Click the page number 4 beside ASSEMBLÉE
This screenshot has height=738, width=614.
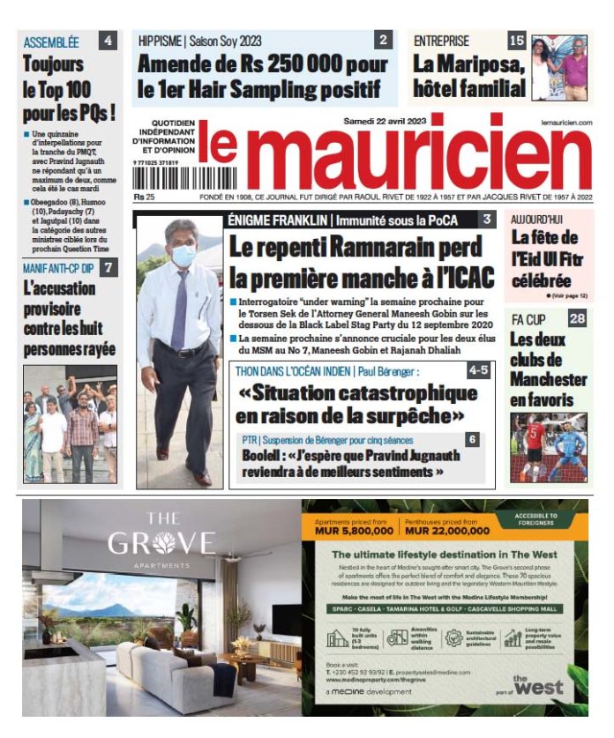108,41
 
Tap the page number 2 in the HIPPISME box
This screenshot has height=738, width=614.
383,41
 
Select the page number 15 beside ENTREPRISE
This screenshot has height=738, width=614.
517,41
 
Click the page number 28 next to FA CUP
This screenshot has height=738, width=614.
577,318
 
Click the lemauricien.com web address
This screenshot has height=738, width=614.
566,123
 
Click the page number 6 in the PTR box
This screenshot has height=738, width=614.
473,439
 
